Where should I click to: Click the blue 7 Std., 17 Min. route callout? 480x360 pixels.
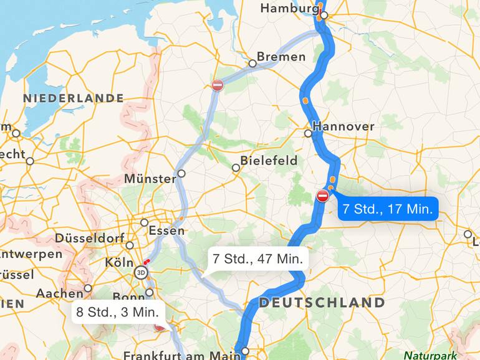388,209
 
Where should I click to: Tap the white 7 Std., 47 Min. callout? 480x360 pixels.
257,258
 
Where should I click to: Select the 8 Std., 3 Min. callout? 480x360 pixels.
118,311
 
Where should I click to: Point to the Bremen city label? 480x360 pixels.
281,57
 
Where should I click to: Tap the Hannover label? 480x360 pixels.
343,126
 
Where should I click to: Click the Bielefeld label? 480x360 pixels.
269,161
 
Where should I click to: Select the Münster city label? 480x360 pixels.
150,179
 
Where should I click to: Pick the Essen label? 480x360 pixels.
166,230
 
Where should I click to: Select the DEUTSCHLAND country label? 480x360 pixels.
322,303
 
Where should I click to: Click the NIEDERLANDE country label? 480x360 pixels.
74,98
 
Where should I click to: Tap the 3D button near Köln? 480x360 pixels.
142,272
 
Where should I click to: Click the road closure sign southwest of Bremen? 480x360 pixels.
217,85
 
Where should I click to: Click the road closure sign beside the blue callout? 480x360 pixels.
323,196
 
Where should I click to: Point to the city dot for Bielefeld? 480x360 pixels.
236,168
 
